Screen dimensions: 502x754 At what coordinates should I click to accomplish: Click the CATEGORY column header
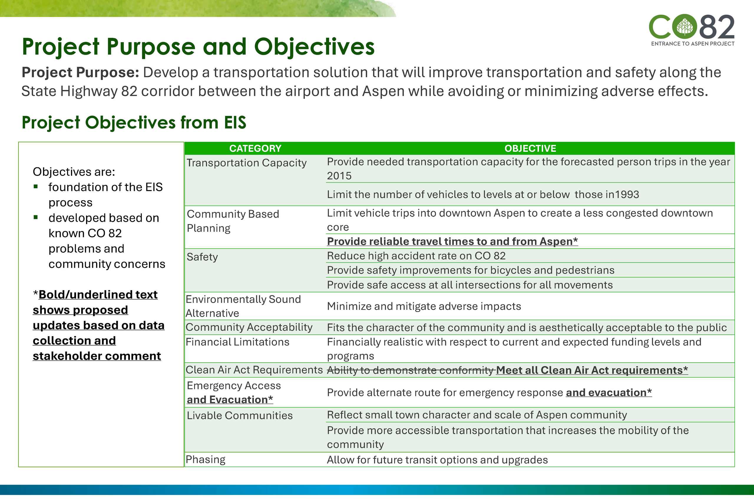click(x=255, y=149)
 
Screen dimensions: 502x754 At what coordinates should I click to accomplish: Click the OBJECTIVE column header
click(x=530, y=149)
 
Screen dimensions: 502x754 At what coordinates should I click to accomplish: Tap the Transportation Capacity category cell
click(x=247, y=163)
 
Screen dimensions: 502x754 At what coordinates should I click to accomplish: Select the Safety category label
click(x=202, y=257)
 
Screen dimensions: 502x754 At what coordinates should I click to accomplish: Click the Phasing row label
click(x=206, y=459)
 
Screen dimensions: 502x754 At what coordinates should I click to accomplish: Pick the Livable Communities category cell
click(x=240, y=416)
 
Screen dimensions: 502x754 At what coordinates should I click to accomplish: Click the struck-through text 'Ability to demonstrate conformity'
click(x=410, y=371)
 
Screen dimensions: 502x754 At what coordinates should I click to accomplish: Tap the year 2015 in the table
click(x=339, y=176)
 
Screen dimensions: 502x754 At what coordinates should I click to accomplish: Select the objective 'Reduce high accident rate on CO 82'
click(x=416, y=256)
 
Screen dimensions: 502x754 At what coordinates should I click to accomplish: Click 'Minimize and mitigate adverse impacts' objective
click(x=424, y=306)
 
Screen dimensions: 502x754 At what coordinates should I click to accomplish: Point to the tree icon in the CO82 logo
click(x=685, y=27)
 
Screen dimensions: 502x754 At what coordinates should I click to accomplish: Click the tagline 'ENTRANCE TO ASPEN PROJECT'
click(x=692, y=44)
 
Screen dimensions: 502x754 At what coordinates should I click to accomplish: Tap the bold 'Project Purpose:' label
click(x=80, y=72)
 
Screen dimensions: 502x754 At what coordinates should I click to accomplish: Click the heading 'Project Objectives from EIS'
click(x=134, y=123)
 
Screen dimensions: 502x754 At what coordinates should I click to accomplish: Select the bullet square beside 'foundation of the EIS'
click(x=36, y=187)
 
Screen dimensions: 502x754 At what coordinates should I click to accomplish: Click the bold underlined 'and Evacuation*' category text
click(x=230, y=400)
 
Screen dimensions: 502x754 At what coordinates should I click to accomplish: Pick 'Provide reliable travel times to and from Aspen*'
click(x=452, y=241)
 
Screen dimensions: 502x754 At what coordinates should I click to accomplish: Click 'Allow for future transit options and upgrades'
click(x=437, y=460)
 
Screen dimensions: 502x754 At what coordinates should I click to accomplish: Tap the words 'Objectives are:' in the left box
click(x=74, y=172)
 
